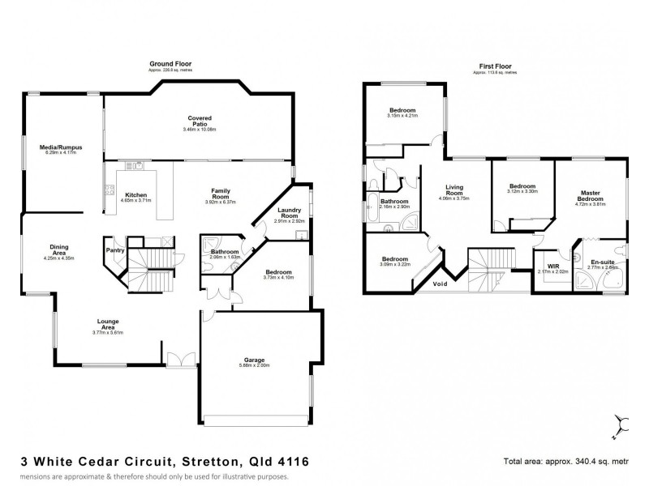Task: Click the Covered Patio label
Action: [199, 121]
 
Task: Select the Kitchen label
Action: [135, 194]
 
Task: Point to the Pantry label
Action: [114, 250]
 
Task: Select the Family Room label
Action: [222, 193]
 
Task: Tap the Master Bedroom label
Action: [588, 196]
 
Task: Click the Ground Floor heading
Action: [170, 63]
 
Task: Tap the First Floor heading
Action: [494, 66]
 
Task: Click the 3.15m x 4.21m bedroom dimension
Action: [402, 115]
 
